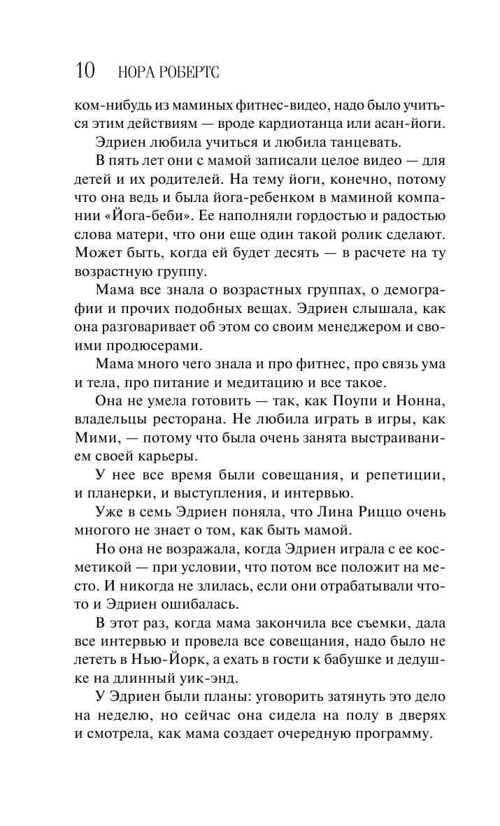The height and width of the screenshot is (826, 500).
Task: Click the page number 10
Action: (85, 71)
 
